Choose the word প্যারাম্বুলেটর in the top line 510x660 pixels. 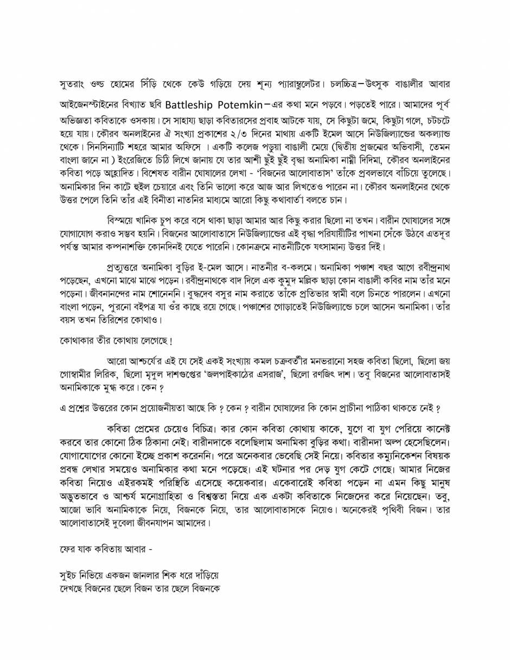[292, 85]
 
